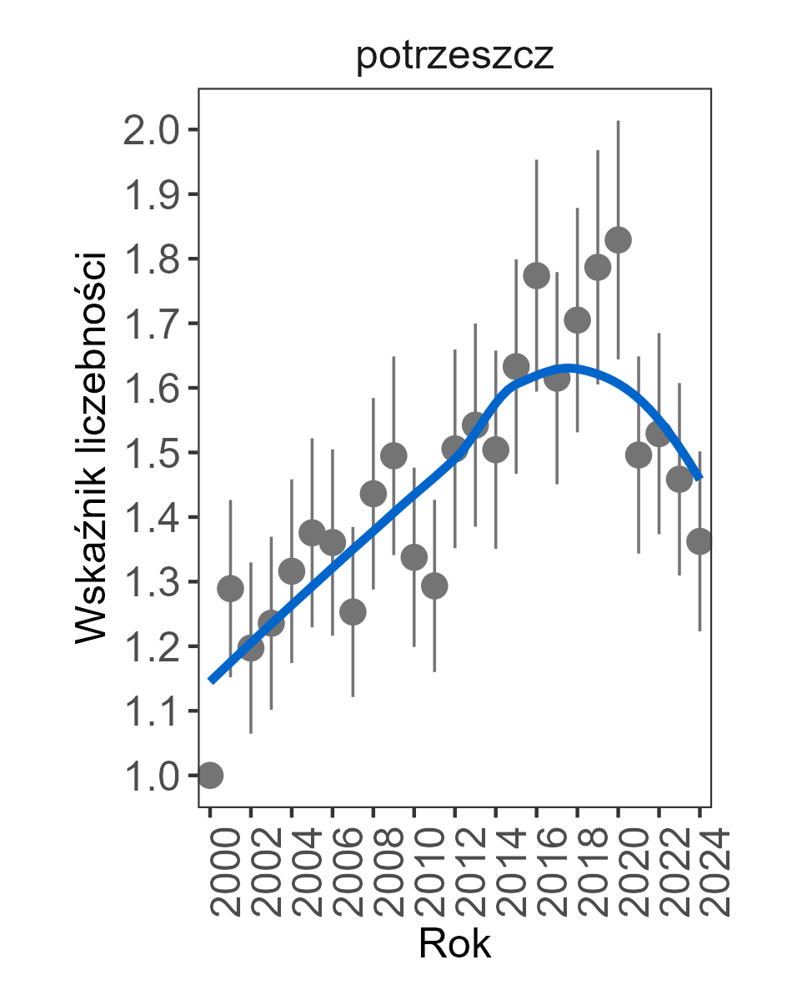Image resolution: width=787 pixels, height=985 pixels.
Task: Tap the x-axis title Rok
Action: (x=454, y=944)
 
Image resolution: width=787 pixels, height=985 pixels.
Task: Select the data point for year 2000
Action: (x=210, y=775)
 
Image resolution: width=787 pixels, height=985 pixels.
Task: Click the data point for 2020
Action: (x=618, y=240)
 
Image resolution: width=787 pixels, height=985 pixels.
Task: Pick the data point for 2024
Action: (x=699, y=540)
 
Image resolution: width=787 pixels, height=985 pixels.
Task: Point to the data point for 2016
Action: (x=536, y=275)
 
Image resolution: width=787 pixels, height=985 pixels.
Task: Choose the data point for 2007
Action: (x=353, y=612)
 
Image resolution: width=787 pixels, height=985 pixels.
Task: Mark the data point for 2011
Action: (x=434, y=586)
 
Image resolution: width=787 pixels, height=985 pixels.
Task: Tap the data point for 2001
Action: (x=230, y=589)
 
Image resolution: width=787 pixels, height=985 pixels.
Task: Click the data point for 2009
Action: (x=393, y=455)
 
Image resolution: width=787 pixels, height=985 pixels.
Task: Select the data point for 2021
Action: (x=639, y=455)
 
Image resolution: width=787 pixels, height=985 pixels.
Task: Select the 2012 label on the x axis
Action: (x=456, y=872)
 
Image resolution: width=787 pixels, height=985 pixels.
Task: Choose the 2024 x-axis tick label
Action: (x=701, y=872)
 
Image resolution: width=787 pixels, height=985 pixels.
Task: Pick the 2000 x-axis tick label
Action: (x=212, y=872)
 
